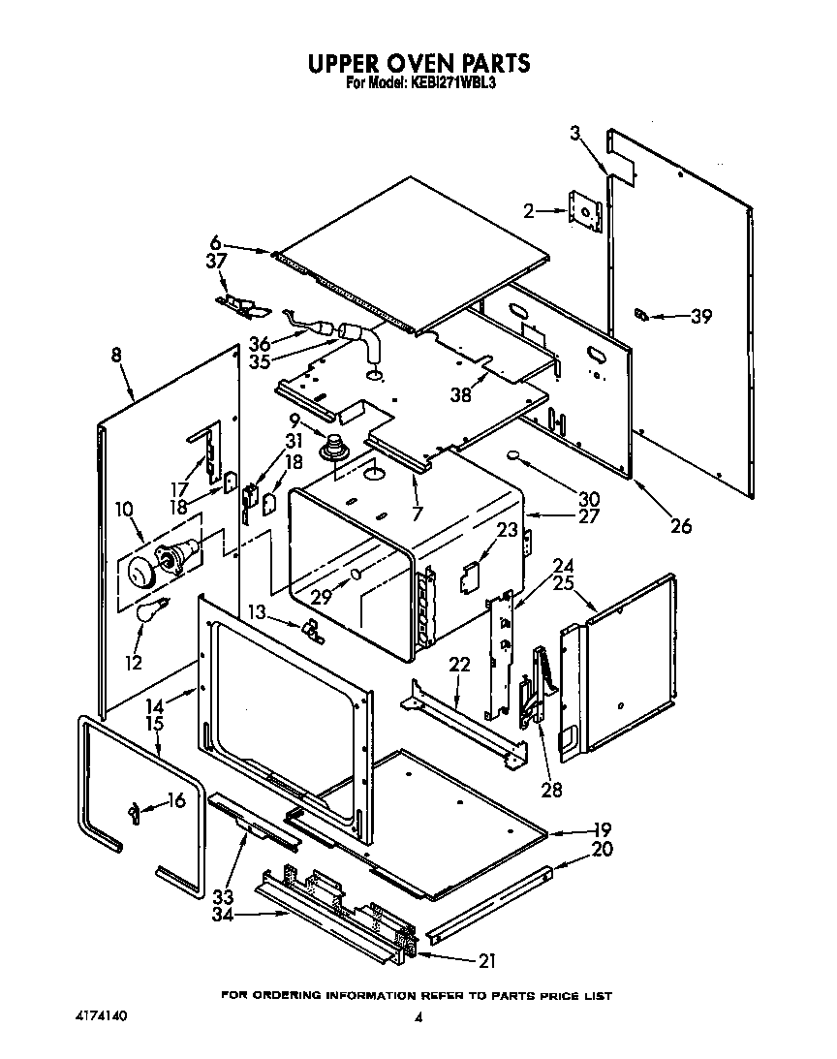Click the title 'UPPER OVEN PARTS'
(418, 63)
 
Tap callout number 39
(700, 316)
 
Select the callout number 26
(681, 526)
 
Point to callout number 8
(116, 356)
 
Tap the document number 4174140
(101, 1016)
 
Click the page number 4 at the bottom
(418, 1018)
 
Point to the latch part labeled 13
(312, 629)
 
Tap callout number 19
(601, 830)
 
